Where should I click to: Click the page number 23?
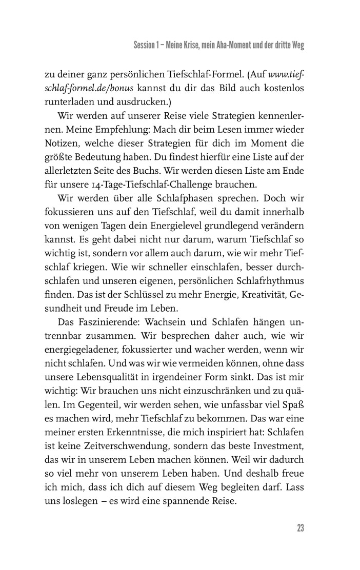[301, 528]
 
